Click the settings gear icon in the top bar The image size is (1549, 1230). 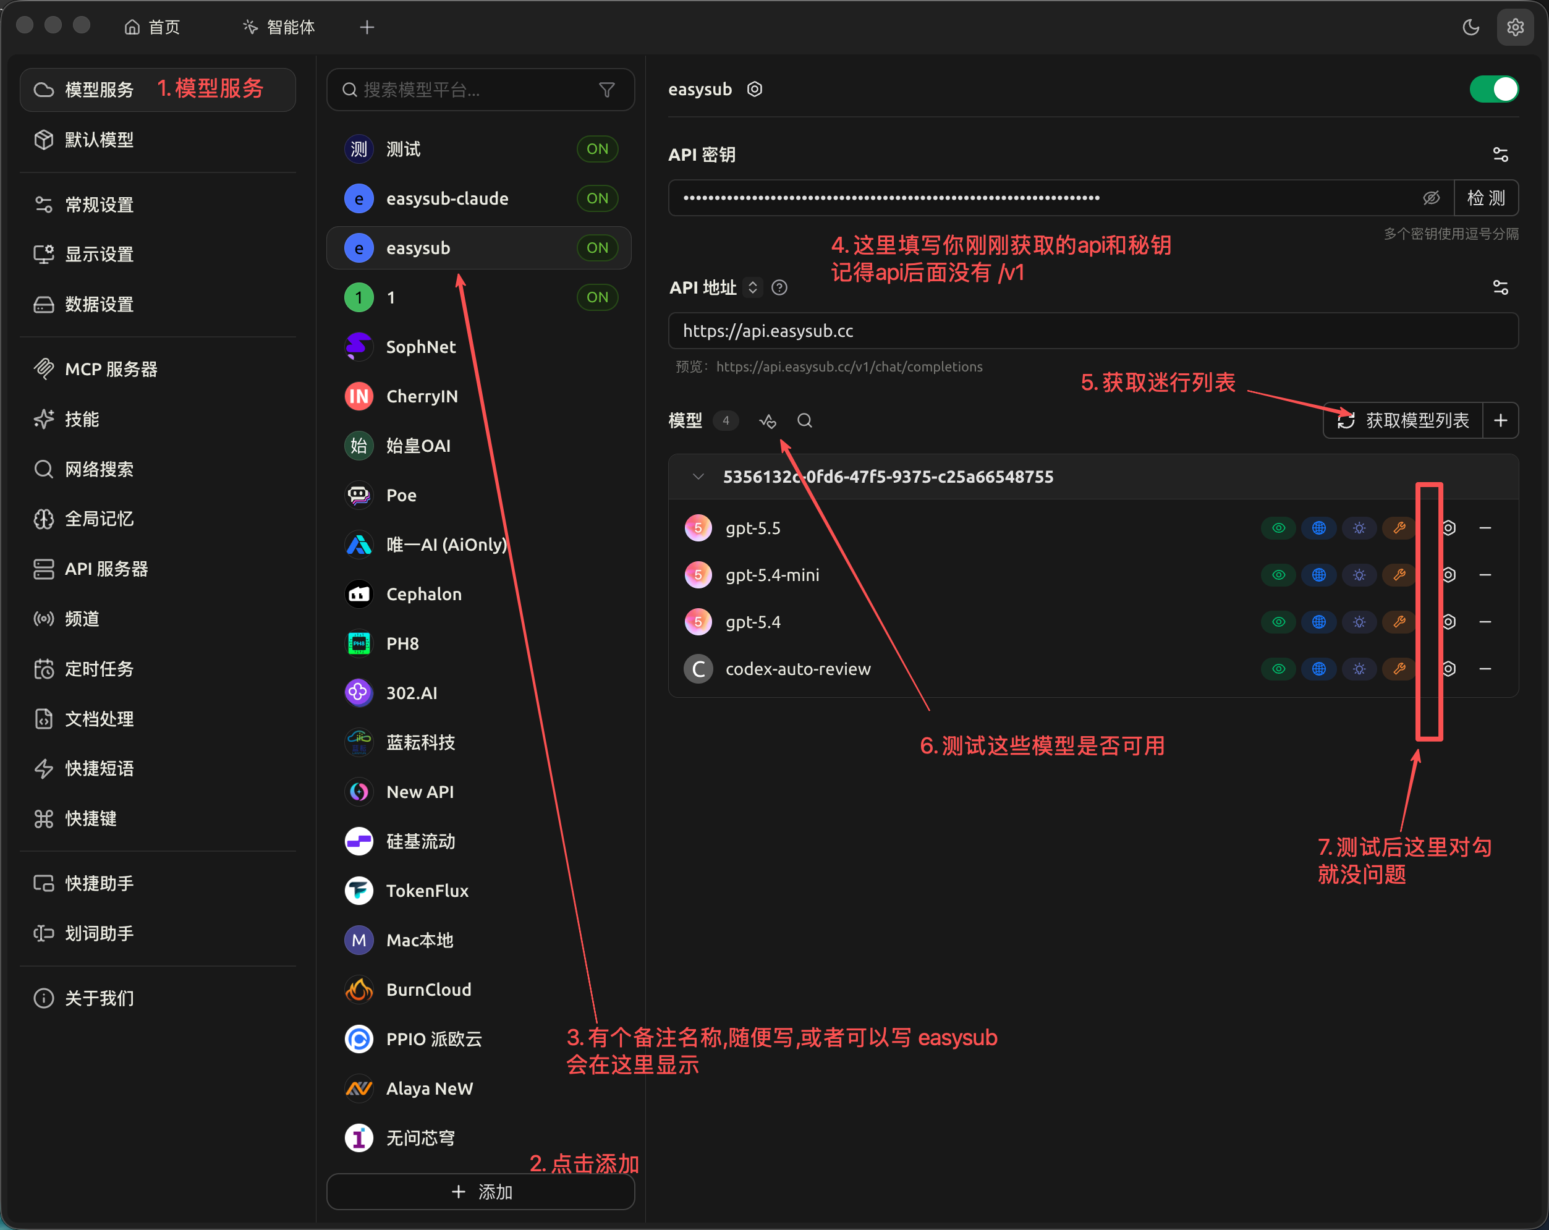pos(1514,27)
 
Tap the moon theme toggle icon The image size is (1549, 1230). pos(1470,27)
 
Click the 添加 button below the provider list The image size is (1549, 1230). pos(481,1192)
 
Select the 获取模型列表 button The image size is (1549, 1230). pos(1403,420)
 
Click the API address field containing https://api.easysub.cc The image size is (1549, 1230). pos(1093,331)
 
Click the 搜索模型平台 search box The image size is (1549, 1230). pos(481,90)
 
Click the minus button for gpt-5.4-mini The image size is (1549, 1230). pos(1485,575)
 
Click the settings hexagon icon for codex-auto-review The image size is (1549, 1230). pos(1449,669)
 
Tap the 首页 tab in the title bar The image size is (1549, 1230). pos(151,27)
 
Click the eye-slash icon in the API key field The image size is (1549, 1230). pos(1431,198)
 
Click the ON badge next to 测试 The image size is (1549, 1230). pos(597,150)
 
